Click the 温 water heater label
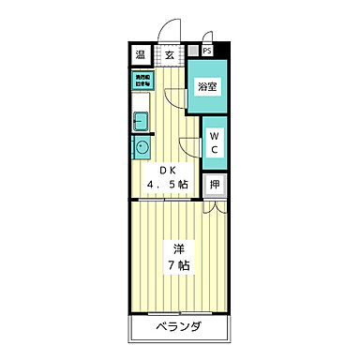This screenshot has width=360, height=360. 140,54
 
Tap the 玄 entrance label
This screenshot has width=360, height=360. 170,54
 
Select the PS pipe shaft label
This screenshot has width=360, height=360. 206,51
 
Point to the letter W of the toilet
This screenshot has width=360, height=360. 214,133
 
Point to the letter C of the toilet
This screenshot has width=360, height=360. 214,149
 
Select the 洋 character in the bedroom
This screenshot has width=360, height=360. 177,248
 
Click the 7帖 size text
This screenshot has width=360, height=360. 177,266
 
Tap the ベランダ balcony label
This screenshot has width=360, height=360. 177,328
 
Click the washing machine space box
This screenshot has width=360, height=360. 142,82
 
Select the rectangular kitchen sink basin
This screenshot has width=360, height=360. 141,120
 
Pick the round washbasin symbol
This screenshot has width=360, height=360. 141,146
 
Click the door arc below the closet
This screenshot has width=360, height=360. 212,209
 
